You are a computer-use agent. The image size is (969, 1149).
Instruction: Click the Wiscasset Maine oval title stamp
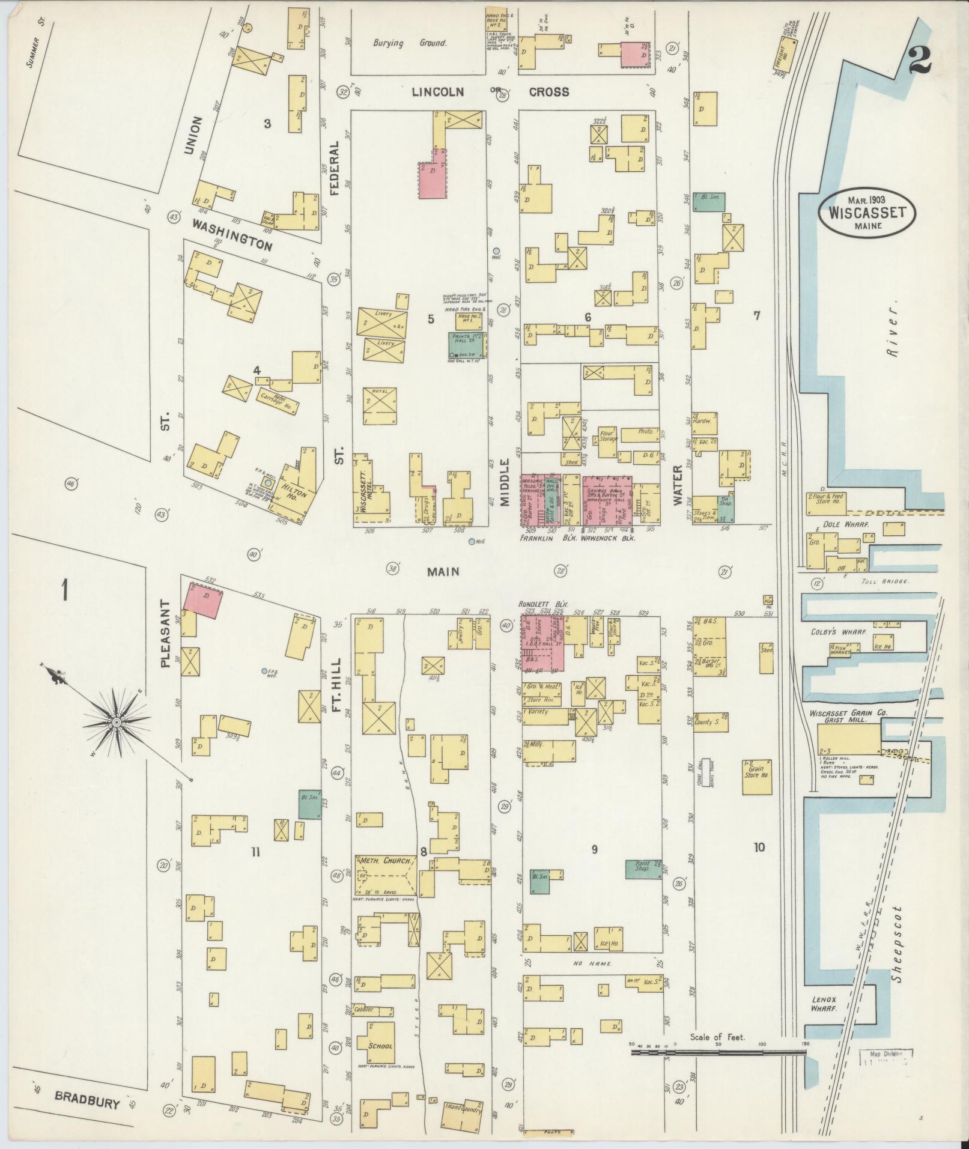click(x=868, y=213)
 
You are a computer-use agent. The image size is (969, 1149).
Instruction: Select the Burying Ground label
click(x=410, y=43)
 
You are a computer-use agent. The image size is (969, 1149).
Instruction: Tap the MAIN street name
click(x=443, y=571)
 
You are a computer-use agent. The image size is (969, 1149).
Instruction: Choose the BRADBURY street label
click(x=88, y=1102)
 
